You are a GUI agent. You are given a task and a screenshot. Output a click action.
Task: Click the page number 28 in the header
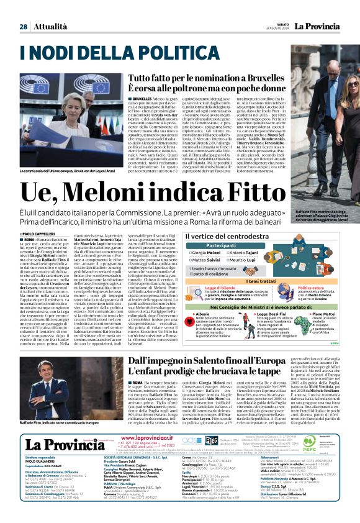[x=22, y=27]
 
